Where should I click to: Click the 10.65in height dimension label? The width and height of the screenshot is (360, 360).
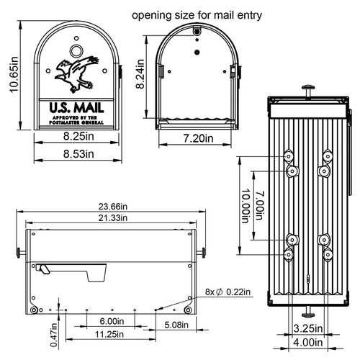point(12,76)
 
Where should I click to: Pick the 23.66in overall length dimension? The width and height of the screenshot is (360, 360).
point(110,206)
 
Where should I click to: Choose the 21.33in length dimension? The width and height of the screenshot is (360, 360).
point(110,217)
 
